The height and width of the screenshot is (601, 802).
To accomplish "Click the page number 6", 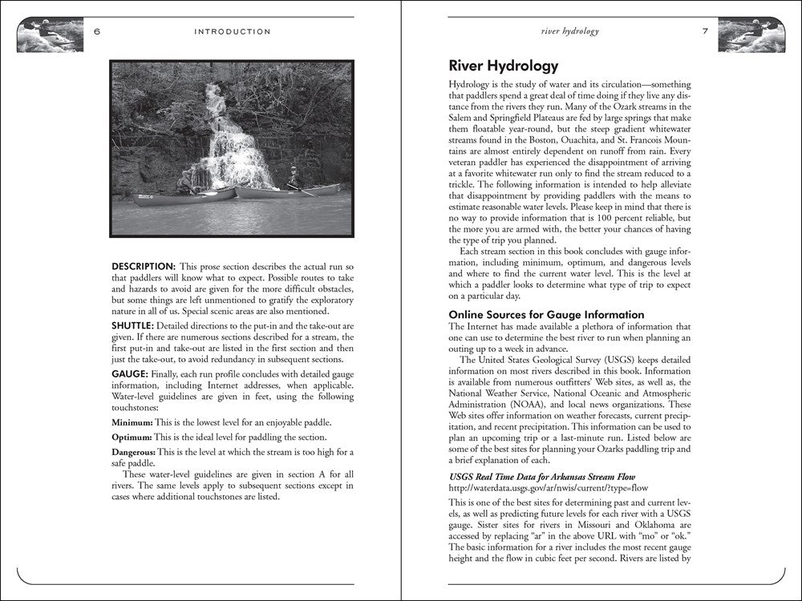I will click(96, 32).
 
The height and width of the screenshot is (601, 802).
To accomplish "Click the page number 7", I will click(705, 32).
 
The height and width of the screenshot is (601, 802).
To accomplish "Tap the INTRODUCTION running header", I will click(233, 32).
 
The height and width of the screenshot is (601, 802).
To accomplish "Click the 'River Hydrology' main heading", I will click(503, 66).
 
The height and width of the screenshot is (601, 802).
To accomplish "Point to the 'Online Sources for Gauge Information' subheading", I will click(546, 315).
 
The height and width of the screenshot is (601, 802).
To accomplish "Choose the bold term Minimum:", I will click(131, 422).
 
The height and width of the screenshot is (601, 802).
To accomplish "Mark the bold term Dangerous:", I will click(134, 453).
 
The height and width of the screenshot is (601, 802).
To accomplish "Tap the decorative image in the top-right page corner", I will click(751, 34).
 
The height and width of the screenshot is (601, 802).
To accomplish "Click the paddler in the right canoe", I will click(294, 177).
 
